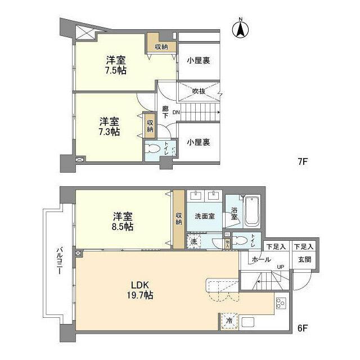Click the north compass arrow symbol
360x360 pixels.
(x=240, y=29)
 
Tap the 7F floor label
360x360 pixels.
(x=303, y=161)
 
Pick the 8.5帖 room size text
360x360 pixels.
(x=123, y=226)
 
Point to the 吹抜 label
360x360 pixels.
(x=198, y=90)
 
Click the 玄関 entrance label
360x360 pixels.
(x=304, y=259)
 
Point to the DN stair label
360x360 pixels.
(x=175, y=112)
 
